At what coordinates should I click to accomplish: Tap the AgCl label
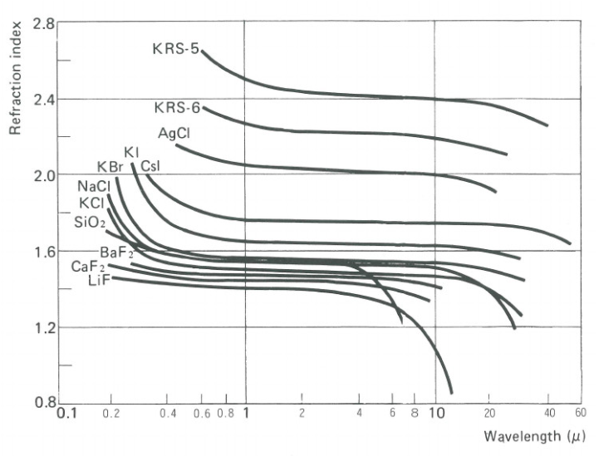[174, 133]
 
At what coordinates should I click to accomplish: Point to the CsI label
[151, 166]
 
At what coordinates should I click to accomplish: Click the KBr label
[110, 167]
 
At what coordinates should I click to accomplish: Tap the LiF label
[99, 282]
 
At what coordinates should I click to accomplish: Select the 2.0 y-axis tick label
[43, 175]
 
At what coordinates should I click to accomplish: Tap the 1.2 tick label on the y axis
[43, 327]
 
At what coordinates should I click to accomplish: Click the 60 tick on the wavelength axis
[580, 413]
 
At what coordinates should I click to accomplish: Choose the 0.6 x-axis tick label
[203, 413]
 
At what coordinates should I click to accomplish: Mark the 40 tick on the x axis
[547, 413]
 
